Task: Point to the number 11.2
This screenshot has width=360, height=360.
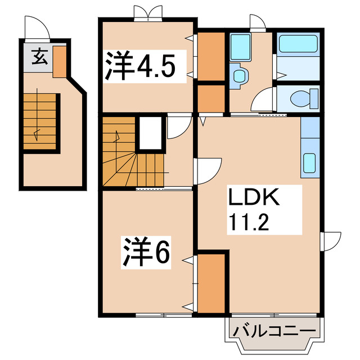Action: click(252, 224)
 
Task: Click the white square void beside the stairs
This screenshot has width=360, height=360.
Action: click(150, 133)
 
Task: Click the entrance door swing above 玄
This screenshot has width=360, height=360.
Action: click(35, 28)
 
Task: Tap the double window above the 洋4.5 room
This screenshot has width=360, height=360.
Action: click(146, 12)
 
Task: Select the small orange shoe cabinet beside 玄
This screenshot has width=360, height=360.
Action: click(60, 61)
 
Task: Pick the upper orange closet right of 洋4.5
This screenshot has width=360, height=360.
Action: click(211, 56)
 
